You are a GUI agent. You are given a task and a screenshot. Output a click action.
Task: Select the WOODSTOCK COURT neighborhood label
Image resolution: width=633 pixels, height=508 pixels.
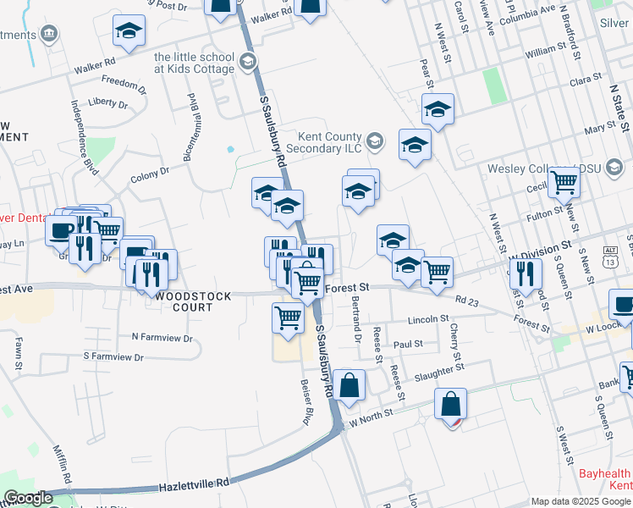(x=181, y=301)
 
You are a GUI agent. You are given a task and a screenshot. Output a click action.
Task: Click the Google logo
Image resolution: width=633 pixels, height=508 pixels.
(x=29, y=498)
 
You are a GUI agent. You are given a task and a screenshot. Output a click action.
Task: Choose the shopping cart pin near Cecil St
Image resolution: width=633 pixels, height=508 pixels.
(x=563, y=181)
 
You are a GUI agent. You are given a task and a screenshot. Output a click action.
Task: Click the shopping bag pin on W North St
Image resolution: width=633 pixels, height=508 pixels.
(x=451, y=404)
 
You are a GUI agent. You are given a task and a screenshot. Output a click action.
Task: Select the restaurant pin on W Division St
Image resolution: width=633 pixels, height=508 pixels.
(x=526, y=273)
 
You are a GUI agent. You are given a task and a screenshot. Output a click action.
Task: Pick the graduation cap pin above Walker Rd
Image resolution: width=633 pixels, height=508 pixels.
(x=129, y=31)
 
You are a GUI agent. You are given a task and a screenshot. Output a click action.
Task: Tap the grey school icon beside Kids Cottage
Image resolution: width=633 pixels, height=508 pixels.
(x=248, y=62)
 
